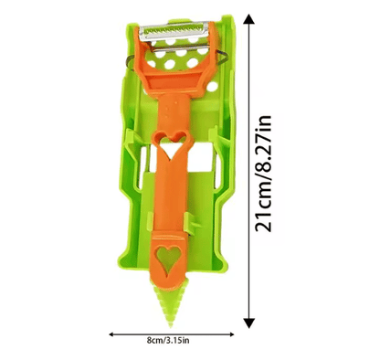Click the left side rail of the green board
pos(129,183)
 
